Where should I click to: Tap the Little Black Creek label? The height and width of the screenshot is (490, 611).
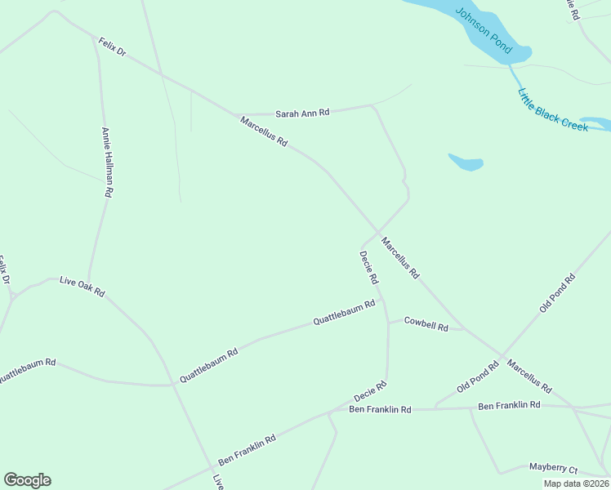point(553,110)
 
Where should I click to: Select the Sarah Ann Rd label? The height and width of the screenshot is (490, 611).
point(302,114)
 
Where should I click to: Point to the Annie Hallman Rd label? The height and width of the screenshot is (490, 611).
point(106,162)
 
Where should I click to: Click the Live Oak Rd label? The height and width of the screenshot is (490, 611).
point(82,286)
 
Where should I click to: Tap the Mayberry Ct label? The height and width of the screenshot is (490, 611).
point(553,469)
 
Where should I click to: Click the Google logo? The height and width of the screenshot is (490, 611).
point(27,480)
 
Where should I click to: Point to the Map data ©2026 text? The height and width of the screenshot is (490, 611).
point(576,483)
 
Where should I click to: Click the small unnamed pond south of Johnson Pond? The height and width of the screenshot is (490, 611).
point(466,162)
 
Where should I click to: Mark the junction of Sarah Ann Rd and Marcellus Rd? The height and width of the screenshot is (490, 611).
point(235,115)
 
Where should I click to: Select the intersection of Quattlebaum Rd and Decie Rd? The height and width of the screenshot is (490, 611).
point(381,300)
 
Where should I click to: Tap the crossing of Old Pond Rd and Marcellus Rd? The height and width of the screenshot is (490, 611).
point(501,354)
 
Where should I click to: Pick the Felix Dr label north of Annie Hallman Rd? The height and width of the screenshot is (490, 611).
point(112,46)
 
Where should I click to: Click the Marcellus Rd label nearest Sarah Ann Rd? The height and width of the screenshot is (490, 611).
point(264,131)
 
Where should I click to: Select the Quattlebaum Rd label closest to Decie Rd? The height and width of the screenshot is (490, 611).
point(344,313)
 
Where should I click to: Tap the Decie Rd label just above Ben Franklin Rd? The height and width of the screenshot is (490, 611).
point(369,391)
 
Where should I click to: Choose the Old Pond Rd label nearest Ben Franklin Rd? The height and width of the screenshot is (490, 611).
point(478,377)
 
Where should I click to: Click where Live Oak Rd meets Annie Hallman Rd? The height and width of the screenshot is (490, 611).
point(89,280)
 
